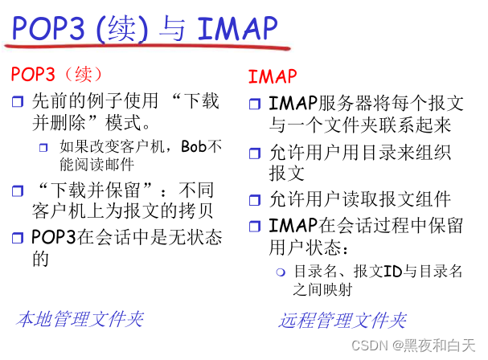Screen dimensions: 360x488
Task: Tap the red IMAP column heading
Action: click(273, 77)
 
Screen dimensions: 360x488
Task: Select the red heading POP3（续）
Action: click(57, 74)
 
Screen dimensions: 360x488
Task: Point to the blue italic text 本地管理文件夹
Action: click(80, 319)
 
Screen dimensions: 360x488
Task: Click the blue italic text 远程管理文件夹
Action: click(342, 321)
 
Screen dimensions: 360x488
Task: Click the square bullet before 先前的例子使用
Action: click(18, 102)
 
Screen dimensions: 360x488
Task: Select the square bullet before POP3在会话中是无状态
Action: click(18, 239)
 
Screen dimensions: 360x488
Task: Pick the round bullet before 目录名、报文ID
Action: click(281, 272)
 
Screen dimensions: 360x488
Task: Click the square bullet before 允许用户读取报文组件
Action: click(255, 201)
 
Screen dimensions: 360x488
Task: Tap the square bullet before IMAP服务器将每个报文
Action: click(255, 104)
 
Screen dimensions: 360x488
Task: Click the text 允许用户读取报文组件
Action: click(359, 200)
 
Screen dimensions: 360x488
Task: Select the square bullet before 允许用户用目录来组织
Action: click(255, 152)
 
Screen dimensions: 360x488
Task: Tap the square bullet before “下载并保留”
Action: click(18, 191)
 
